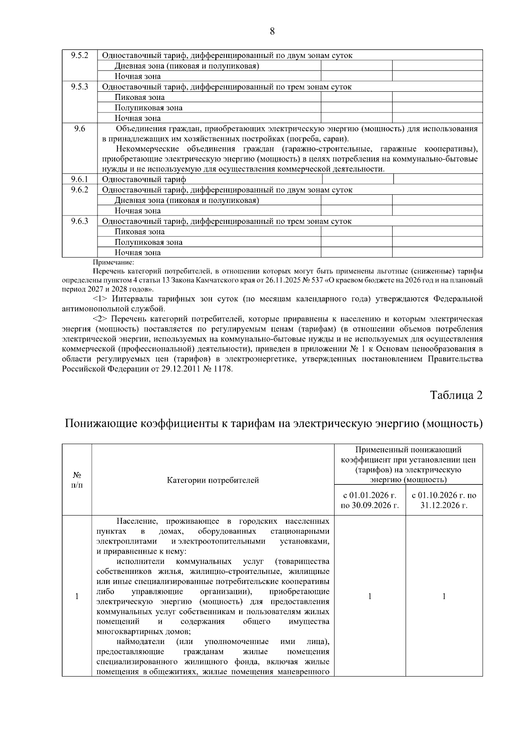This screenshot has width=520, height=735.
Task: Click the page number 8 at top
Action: coord(272,31)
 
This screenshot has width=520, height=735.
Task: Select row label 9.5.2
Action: coord(79,55)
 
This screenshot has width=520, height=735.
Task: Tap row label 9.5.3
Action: coord(79,87)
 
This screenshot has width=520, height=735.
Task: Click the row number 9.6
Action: coord(79,129)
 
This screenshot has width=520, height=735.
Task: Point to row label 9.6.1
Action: coord(79,179)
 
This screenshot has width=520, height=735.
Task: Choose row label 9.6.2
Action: coord(79,190)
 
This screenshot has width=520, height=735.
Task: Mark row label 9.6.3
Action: coord(79,221)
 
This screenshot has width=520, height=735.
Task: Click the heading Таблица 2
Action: coord(456,395)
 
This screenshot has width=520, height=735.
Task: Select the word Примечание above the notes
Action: coord(114,262)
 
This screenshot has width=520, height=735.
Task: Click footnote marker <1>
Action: coord(100,299)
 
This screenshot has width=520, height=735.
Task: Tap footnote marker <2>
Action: coord(100,319)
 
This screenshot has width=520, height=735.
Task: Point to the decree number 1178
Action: coord(223,369)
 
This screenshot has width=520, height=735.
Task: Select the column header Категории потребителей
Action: coord(213,480)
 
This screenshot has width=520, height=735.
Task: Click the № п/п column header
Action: coord(77,480)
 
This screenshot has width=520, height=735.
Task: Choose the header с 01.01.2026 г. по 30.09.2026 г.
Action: coord(370,500)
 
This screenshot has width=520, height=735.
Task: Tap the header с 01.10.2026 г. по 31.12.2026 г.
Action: coord(444,500)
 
